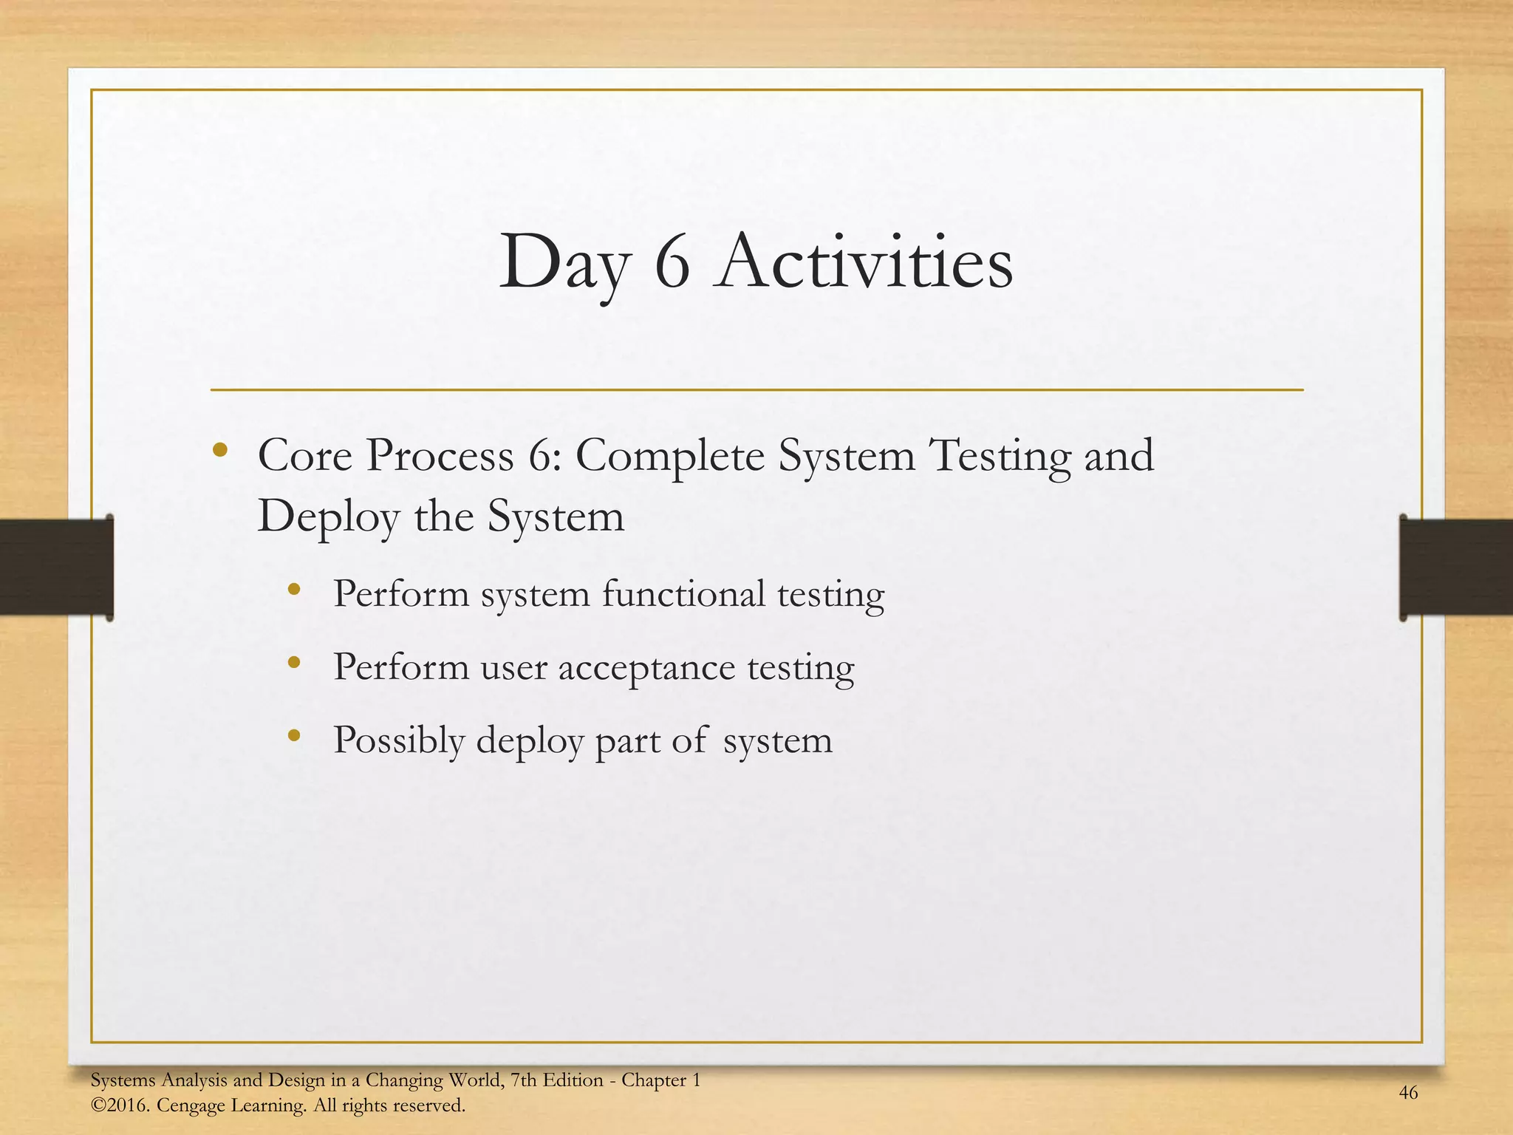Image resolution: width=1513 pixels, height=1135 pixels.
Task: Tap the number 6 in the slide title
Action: tap(672, 264)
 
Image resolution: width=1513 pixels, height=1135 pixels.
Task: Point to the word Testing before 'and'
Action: tap(1001, 456)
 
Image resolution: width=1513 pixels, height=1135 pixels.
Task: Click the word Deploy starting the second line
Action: tap(328, 517)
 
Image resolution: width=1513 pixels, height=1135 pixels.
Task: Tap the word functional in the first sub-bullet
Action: tap(683, 594)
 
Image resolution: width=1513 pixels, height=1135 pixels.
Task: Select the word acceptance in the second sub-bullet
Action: tap(646, 667)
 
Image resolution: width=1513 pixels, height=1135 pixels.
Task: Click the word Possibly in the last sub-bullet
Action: tap(399, 740)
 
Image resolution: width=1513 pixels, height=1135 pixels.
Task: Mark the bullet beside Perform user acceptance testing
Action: tap(294, 663)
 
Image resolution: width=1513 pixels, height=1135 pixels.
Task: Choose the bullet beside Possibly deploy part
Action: tap(294, 735)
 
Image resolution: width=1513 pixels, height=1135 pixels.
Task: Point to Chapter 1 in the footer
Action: tap(660, 1080)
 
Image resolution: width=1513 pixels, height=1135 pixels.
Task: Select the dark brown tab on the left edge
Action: tap(55, 567)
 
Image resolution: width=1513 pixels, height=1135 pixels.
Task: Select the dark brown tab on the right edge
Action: tap(1455, 567)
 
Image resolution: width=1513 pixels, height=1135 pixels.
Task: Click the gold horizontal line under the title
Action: tap(756, 389)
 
